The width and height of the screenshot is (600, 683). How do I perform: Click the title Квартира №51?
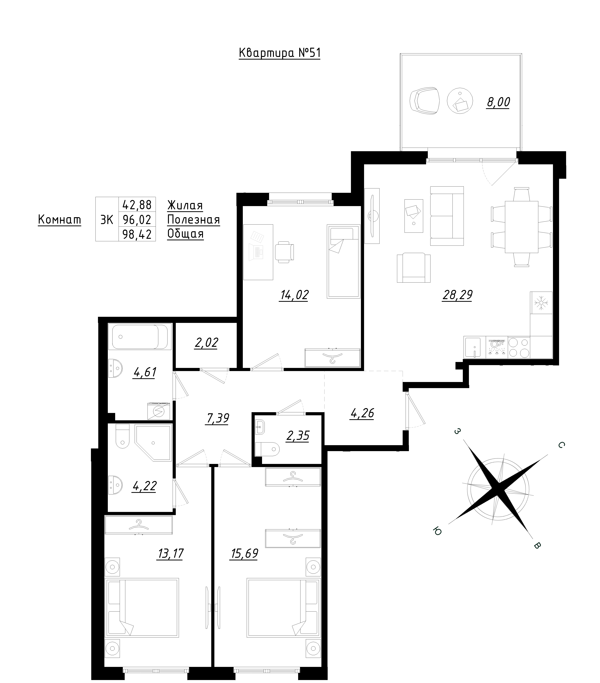280,53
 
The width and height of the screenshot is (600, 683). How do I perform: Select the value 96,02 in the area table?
137,220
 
